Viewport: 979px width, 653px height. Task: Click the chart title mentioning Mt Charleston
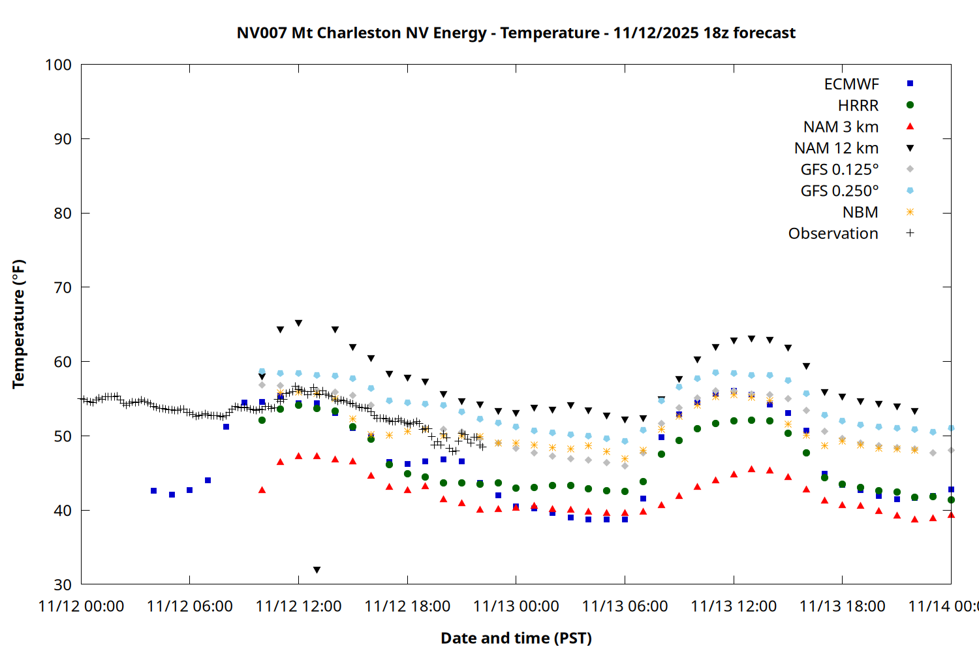point(516,33)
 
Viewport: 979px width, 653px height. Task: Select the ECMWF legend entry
point(851,84)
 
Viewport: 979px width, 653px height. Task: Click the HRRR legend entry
point(858,106)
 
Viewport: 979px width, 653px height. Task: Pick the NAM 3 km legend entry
point(841,127)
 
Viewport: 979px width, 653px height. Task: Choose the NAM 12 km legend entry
point(836,148)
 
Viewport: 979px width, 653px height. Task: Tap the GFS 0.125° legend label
point(839,170)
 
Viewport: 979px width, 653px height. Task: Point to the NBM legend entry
point(860,212)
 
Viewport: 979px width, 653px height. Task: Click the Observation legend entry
point(833,234)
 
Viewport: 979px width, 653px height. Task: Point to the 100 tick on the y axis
point(58,65)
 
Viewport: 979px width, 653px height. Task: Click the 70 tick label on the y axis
point(63,287)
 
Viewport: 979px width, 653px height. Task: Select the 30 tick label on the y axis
point(63,584)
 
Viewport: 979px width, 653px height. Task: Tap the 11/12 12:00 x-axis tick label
point(298,606)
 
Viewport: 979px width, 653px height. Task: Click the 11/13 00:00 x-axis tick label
point(516,606)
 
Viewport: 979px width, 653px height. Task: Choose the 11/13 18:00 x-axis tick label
point(842,606)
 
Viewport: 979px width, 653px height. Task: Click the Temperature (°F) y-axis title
point(18,324)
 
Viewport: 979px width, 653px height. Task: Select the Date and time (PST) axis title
point(516,638)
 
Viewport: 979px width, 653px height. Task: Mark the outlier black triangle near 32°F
point(317,570)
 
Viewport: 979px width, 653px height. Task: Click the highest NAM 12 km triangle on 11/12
point(298,323)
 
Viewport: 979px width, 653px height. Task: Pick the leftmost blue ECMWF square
point(153,490)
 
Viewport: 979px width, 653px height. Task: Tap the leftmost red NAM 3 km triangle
point(262,490)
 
